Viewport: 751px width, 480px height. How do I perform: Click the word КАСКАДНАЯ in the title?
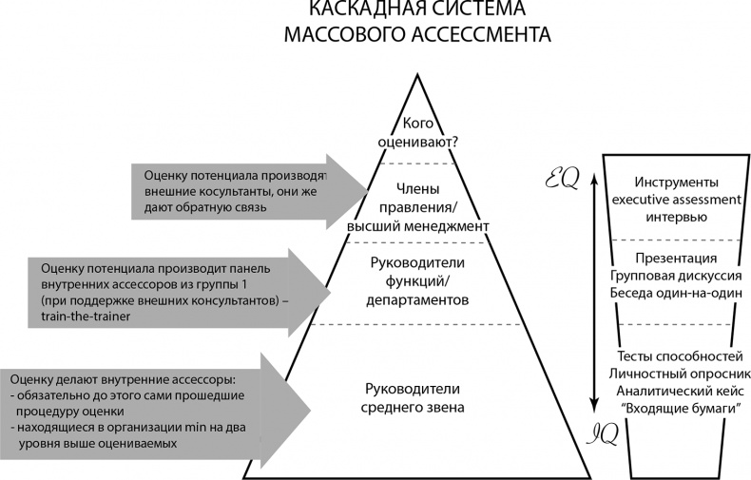tap(358, 10)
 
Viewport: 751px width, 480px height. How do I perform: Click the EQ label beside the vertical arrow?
tap(561, 178)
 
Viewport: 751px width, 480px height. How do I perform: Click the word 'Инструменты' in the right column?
tap(674, 182)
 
